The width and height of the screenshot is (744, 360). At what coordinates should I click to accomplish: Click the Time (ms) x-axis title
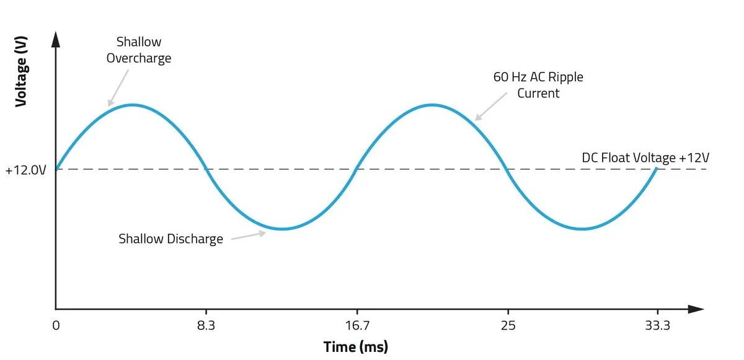click(x=355, y=346)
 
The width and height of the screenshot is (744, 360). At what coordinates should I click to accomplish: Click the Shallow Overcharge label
click(x=139, y=50)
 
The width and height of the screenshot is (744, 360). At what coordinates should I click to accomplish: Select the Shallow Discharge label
click(x=170, y=239)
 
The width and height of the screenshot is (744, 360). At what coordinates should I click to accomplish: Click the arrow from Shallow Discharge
click(x=248, y=235)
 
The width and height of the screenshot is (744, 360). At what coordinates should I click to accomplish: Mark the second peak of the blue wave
click(x=432, y=105)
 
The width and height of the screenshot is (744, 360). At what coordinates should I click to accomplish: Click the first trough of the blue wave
click(x=282, y=229)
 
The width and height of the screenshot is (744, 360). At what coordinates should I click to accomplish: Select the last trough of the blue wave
click(x=582, y=229)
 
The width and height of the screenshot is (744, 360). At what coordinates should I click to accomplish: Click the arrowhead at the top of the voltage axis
click(x=56, y=38)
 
